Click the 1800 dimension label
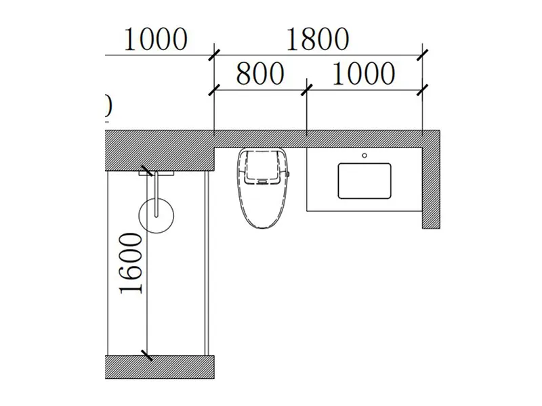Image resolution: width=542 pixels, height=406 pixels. (316, 39)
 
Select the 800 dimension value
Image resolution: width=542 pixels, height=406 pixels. (259, 73)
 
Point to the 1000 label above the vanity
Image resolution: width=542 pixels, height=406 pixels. (362, 73)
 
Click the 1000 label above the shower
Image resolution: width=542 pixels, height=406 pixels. (154, 39)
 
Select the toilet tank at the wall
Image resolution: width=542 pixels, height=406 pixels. (264, 166)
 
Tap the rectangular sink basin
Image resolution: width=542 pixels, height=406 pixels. (365, 181)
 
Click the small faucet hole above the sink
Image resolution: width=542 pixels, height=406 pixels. (364, 156)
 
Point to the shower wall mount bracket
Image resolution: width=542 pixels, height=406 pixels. (156, 173)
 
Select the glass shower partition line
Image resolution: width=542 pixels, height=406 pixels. (205, 264)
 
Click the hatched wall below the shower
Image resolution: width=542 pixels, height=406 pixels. (159, 366)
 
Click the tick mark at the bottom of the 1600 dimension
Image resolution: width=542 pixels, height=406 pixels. (146, 354)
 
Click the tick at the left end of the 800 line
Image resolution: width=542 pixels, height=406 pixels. (214, 88)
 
